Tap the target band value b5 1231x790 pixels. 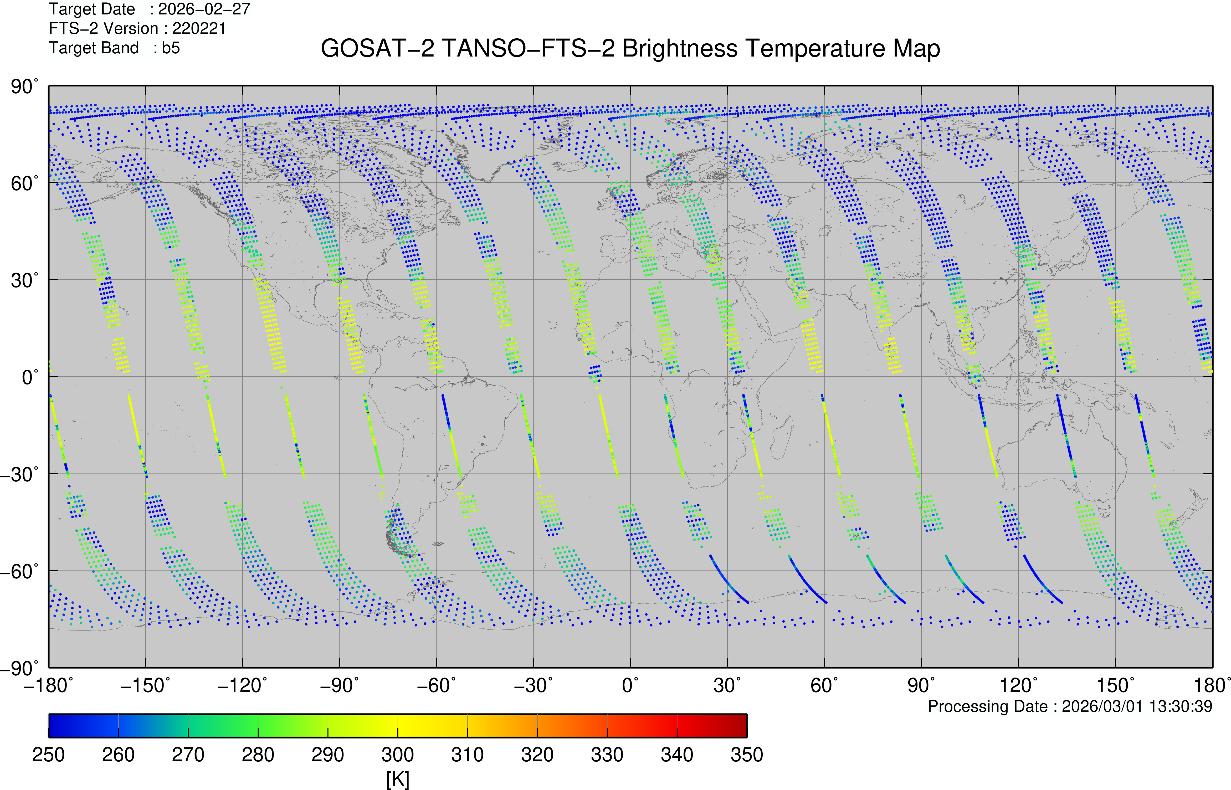point(171,48)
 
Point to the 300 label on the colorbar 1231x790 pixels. point(398,755)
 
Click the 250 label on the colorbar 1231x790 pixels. point(49,755)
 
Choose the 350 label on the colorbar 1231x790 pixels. point(747,755)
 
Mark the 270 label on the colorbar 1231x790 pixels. point(188,755)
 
